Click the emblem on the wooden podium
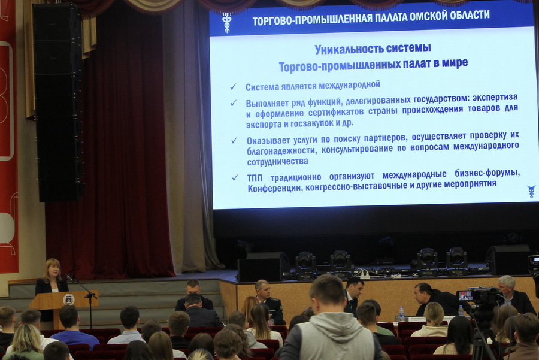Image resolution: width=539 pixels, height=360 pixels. tap(69, 299)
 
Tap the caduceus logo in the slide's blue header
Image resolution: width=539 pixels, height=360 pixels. tap(227, 22)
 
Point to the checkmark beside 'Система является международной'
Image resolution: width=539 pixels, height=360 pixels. tap(234, 86)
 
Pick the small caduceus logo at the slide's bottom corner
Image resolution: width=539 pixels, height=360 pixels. tap(531, 191)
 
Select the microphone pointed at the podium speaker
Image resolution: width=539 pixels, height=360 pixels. tap(70, 277)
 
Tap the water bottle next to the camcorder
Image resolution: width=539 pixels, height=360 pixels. tap(461, 311)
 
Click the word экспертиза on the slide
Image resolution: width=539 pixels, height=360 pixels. tap(495, 98)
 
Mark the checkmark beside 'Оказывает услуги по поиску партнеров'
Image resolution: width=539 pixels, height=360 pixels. tap(234, 140)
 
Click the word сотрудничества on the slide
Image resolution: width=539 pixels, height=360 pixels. tap(277, 162)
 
